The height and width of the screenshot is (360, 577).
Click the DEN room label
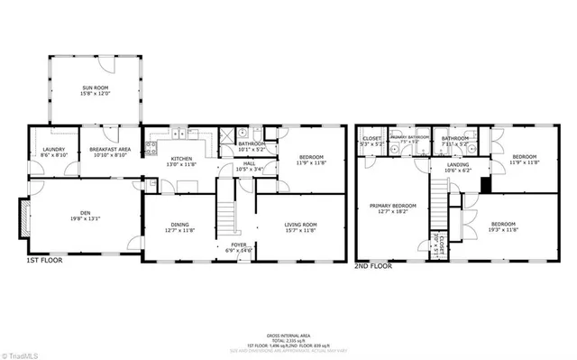(x=81, y=213)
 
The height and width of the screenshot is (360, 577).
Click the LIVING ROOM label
(x=300, y=227)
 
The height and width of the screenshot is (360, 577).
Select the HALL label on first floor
(x=249, y=165)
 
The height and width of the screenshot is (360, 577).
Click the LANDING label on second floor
(x=456, y=165)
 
